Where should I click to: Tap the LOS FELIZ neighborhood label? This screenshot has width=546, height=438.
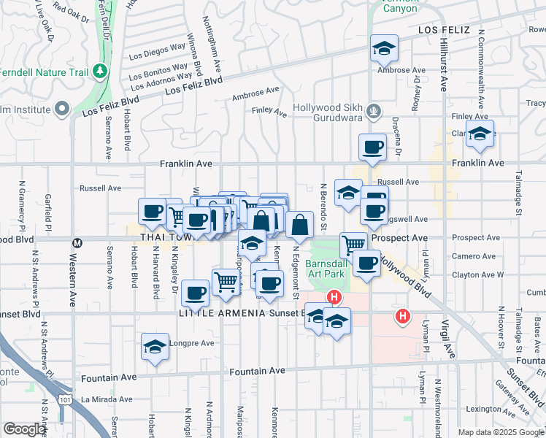[447, 30]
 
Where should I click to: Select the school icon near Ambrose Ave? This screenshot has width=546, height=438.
[384, 49]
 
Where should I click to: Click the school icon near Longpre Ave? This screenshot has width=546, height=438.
[155, 347]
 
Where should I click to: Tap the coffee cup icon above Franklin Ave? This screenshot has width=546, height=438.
[372, 147]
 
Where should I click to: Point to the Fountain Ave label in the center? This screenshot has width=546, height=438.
[256, 371]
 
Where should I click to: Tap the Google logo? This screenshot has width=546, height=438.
[24, 429]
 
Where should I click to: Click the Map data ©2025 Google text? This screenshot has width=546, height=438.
[501, 432]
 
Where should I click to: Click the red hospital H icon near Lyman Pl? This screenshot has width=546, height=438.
[401, 316]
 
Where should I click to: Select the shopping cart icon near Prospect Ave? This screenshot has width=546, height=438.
[353, 245]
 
